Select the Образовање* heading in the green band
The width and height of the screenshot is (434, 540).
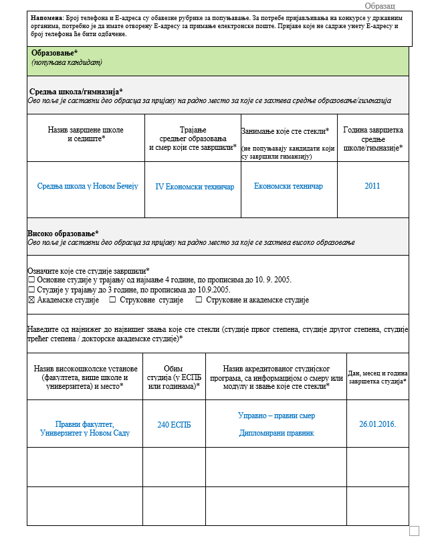tap(55, 52)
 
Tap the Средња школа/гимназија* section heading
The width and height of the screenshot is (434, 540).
tap(76, 91)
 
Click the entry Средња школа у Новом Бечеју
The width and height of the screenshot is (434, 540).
tap(87, 186)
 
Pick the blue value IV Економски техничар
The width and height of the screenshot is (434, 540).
tap(195, 187)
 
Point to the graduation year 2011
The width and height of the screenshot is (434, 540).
tap(372, 186)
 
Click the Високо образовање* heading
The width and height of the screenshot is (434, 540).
tap(63, 232)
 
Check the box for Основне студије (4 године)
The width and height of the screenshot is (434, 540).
tap(31, 280)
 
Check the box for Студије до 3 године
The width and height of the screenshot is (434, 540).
tap(31, 290)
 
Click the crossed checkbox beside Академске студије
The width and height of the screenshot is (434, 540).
tap(31, 300)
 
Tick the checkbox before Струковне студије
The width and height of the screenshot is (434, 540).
tap(112, 300)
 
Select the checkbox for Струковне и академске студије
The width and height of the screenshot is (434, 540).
tap(199, 300)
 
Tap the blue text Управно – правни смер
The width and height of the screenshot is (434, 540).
tap(276, 416)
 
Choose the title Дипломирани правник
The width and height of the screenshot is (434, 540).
tap(276, 433)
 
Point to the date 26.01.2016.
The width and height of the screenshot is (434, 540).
tap(377, 424)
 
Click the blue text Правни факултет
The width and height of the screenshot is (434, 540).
tap(85, 424)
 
